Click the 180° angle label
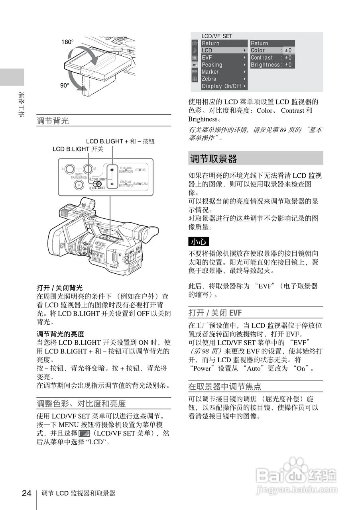67,42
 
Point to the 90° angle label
65,85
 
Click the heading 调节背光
53,121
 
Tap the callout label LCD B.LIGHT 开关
78,149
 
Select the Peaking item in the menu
212,65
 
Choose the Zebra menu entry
209,79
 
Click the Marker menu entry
210,72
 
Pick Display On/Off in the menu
222,86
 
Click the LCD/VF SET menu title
216,36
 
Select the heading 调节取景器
214,159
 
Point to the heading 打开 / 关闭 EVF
215,312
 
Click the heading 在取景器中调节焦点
225,386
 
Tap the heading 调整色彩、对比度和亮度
81,403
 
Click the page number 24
26,493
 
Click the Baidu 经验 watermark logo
296,476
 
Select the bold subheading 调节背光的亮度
61,334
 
